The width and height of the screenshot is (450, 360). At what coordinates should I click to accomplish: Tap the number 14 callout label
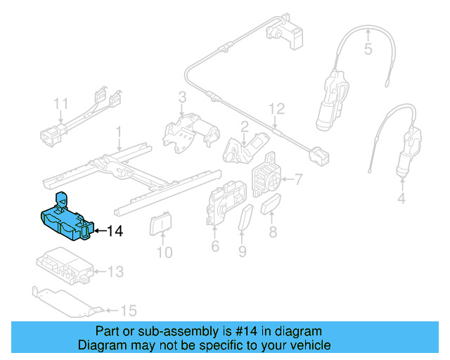click(115, 230)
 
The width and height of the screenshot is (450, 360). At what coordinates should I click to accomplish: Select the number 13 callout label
click(115, 271)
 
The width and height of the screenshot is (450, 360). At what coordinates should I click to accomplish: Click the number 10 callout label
click(164, 252)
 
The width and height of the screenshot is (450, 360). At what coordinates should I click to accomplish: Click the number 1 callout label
click(119, 131)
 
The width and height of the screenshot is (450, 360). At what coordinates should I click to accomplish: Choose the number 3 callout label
click(181, 98)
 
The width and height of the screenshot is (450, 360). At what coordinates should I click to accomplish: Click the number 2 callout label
click(244, 127)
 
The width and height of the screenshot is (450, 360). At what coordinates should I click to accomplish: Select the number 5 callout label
click(367, 49)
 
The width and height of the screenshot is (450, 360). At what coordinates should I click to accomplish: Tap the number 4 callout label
click(401, 199)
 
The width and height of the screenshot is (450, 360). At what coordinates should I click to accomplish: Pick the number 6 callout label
click(215, 245)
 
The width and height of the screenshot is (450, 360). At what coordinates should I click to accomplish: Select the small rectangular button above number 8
click(272, 206)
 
